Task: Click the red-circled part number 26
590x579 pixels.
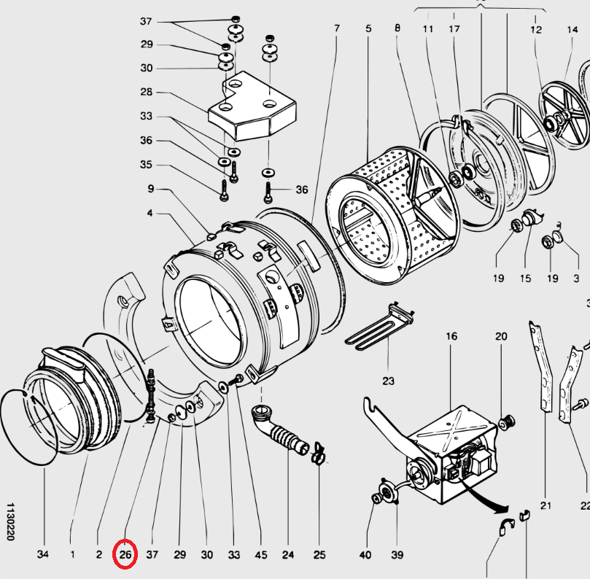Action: [x=125, y=555]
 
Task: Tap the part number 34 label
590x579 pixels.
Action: [x=43, y=555]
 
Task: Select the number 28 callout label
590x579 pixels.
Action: [x=147, y=92]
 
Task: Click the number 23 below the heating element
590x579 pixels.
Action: [x=388, y=381]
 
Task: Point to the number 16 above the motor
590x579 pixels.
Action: [x=451, y=337]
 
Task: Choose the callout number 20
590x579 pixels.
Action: [x=501, y=337]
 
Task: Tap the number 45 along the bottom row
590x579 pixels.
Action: [x=260, y=555]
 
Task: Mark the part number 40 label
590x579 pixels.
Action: [x=365, y=555]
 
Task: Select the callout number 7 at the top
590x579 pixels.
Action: [x=337, y=28]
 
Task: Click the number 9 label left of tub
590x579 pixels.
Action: [x=150, y=189]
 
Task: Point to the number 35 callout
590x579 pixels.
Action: [x=147, y=165]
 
